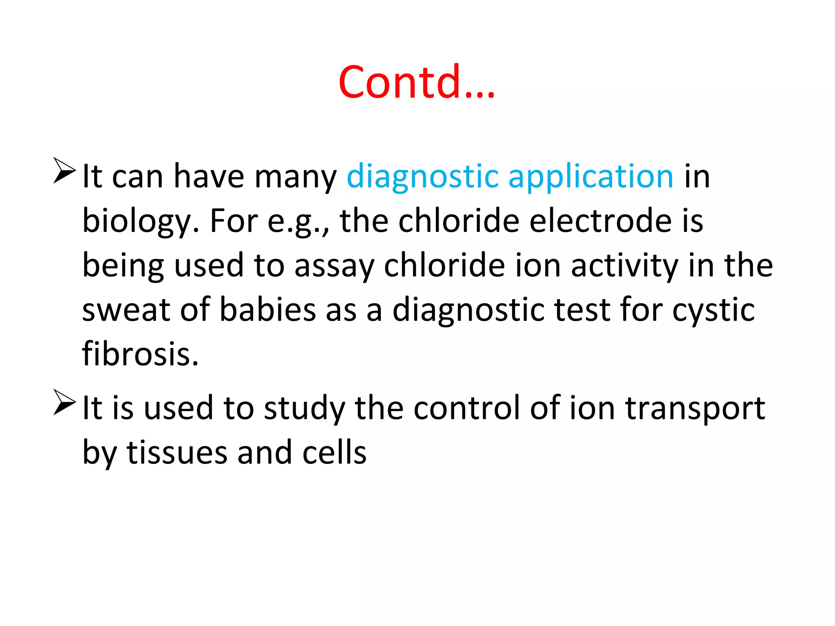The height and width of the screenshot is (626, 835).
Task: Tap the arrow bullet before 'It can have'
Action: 64,170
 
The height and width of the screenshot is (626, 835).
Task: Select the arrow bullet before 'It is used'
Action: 64,402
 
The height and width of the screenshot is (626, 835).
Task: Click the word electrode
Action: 600,220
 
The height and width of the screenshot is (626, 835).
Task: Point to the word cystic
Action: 713,310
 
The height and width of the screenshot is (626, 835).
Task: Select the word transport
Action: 695,409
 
